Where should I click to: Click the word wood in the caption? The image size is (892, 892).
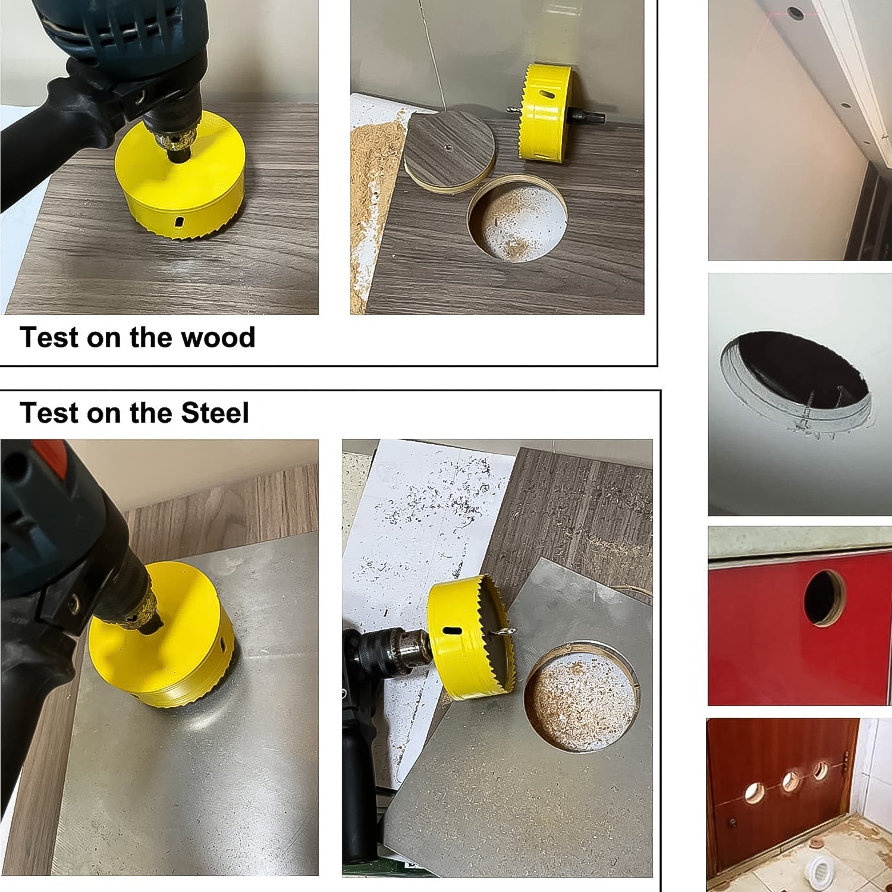coord(218,337)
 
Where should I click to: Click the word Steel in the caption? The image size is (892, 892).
coord(215,413)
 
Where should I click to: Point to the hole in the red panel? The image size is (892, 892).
coord(825,597)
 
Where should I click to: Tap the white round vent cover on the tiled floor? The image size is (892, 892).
coord(822,872)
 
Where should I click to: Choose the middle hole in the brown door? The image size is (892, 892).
coord(791,781)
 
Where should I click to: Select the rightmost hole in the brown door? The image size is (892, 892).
coord(821,771)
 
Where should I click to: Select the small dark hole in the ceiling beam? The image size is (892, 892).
coord(794,11)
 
